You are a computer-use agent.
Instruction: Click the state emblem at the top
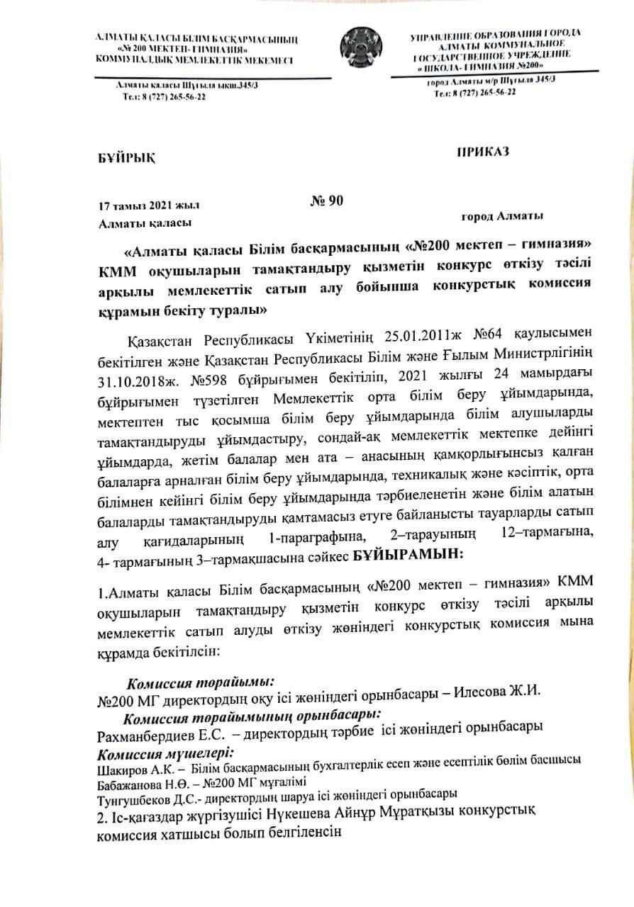point(361,47)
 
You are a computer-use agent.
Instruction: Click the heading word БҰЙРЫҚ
point(125,157)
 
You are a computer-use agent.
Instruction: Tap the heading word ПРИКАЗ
point(483,150)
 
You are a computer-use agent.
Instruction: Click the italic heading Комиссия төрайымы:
point(200,683)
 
